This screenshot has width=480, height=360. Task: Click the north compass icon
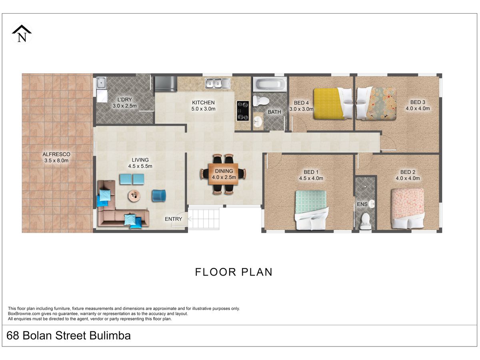(22, 34)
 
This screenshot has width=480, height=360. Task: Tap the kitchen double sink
(218, 83)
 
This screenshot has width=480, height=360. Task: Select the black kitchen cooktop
(243, 111)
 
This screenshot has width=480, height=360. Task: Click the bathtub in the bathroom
(270, 84)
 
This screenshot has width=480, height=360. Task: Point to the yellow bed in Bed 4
(333, 104)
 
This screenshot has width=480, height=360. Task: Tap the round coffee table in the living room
(134, 195)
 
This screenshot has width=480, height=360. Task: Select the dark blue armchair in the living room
(159, 195)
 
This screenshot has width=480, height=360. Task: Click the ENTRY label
(174, 219)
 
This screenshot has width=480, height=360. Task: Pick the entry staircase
(204, 218)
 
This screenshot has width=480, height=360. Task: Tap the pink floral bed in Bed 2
(408, 208)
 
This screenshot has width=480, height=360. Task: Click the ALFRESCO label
(56, 154)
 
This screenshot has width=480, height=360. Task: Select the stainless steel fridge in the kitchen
(166, 84)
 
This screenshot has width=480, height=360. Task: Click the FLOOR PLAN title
(234, 272)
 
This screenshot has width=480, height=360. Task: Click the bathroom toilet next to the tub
(261, 101)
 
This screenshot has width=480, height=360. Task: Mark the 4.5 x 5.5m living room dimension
(140, 166)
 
